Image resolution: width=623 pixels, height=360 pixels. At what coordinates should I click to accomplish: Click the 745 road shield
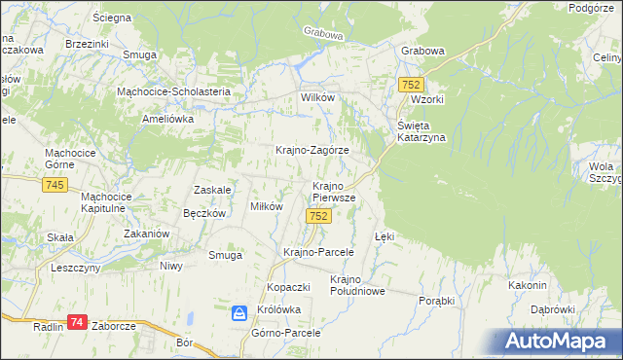pos(55,185)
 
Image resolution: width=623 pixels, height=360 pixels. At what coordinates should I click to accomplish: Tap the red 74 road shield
pos(78,322)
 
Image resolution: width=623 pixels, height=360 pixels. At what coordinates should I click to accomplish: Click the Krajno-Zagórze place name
pos(311,151)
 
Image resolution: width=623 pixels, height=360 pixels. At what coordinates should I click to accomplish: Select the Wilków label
pos(317,99)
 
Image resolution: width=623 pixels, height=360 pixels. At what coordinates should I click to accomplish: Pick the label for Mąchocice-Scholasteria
pos(173,91)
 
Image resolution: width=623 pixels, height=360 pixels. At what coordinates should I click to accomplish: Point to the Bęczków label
pos(204,213)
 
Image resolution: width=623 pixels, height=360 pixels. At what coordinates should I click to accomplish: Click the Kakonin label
pos(527,285)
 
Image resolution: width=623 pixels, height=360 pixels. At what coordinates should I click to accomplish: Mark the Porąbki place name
pos(437,301)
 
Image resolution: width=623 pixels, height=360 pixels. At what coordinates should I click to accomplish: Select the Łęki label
pos(385,236)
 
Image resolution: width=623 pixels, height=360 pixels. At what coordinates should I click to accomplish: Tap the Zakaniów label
pos(147,234)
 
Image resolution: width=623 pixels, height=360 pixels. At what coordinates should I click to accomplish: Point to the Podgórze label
pos(594,8)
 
